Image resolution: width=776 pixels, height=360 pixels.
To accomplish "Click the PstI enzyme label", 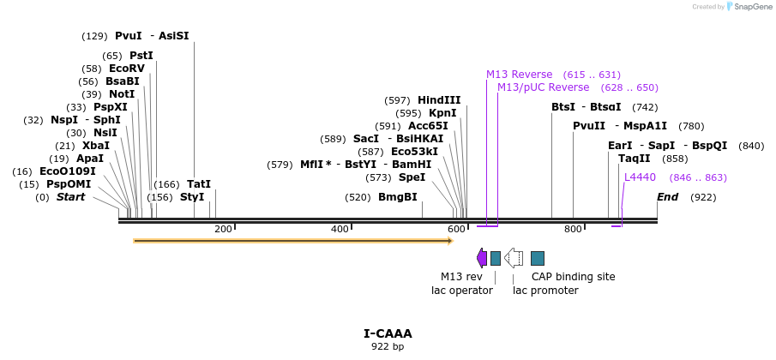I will point(141,55).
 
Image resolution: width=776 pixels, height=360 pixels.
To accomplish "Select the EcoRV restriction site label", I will point(127,69).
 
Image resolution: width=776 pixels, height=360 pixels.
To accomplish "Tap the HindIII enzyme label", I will point(439,100).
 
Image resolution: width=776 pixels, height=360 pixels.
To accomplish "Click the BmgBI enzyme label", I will point(398,197).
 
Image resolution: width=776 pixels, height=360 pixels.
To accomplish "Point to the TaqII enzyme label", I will point(634,159).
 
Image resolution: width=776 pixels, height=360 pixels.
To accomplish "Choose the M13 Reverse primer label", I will point(519,75).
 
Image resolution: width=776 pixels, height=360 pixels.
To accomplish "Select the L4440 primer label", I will point(640,177).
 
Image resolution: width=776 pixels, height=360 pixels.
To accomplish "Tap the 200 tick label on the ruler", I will point(223,229).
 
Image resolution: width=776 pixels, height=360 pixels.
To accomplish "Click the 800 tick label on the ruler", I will point(573,229).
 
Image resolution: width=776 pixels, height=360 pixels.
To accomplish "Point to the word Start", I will point(70,197).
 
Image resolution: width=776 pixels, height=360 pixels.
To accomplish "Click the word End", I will point(668,197).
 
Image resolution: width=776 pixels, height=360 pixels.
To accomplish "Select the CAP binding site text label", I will point(573,277).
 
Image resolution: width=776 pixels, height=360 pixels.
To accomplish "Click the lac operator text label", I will point(461,291).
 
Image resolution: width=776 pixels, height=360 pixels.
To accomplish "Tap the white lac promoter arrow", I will point(514,257).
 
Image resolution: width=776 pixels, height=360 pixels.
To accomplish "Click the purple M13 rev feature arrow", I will point(482,257).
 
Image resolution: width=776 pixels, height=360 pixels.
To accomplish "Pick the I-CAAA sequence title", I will point(388,333).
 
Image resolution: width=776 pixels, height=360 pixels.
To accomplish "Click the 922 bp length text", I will point(388,346).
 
